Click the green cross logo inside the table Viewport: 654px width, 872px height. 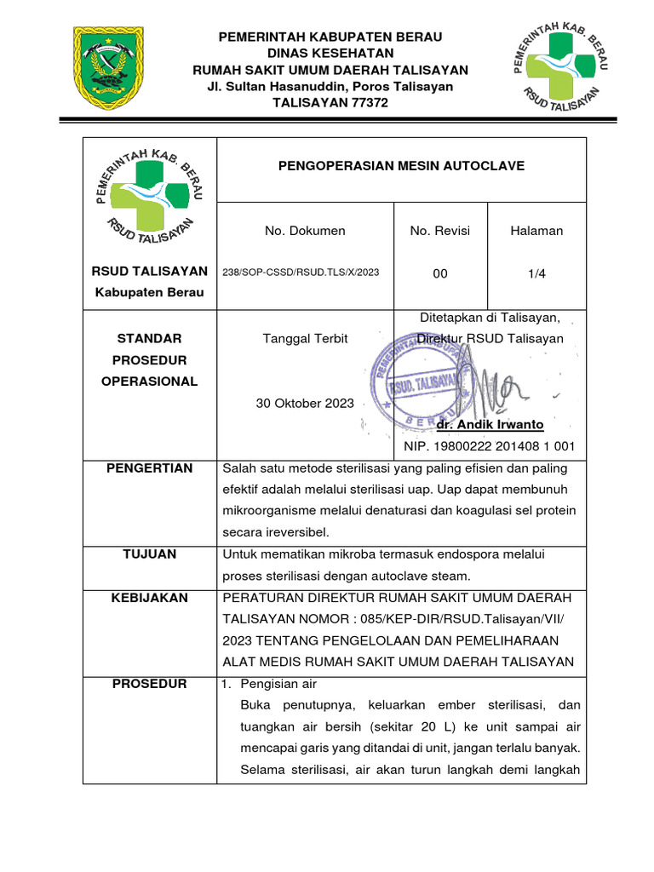pos(150,200)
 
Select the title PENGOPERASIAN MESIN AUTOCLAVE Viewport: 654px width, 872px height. pos(402,165)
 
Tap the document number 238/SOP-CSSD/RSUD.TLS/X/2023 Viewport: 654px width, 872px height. pos(301,272)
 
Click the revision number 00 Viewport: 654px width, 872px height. pos(439,272)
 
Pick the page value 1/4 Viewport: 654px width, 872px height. pos(536,272)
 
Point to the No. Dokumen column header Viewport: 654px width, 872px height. pos(305,231)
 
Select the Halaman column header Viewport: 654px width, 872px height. pos(536,231)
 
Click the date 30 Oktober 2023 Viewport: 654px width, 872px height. pos(305,403)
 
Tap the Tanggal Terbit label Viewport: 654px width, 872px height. pos(306,338)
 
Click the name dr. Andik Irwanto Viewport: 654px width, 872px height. pos(490,424)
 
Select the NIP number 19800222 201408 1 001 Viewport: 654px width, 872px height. pos(490,446)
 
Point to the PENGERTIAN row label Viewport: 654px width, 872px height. pos(150,468)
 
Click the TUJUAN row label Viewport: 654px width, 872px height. pos(150,554)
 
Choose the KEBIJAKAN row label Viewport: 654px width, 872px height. pos(150,598)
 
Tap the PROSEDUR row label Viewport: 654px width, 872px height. pos(150,684)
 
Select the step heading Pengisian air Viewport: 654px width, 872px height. pos(279,684)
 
